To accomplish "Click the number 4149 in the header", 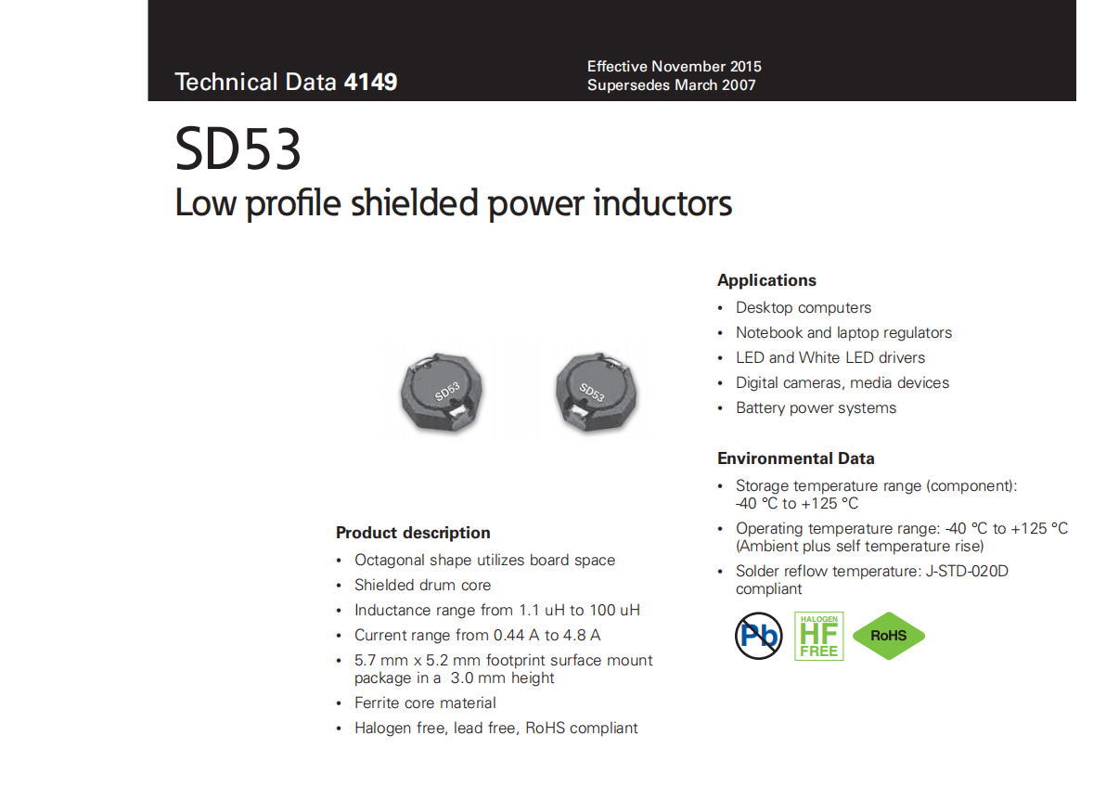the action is click(x=370, y=82).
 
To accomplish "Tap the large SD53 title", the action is click(x=238, y=148).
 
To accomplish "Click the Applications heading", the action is click(x=766, y=280).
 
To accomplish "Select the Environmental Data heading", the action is click(x=796, y=458).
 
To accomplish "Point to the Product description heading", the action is click(x=413, y=533).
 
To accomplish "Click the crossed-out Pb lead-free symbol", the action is click(x=758, y=636).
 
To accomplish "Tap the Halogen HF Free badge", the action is click(x=818, y=636).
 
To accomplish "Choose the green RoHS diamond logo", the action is click(x=889, y=636).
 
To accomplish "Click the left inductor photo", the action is click(x=442, y=392).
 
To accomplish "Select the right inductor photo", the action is click(x=596, y=392).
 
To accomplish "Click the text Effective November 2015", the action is click(x=674, y=67).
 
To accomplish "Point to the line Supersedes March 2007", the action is click(x=671, y=85).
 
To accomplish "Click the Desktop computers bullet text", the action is click(x=804, y=307).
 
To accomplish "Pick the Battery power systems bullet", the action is click(x=816, y=407).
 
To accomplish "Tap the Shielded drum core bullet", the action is click(x=422, y=585).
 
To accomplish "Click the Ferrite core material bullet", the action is click(x=425, y=703).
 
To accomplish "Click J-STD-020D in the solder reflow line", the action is click(x=967, y=571).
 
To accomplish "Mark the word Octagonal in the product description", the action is click(x=390, y=561).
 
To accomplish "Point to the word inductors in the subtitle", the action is click(x=662, y=203).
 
